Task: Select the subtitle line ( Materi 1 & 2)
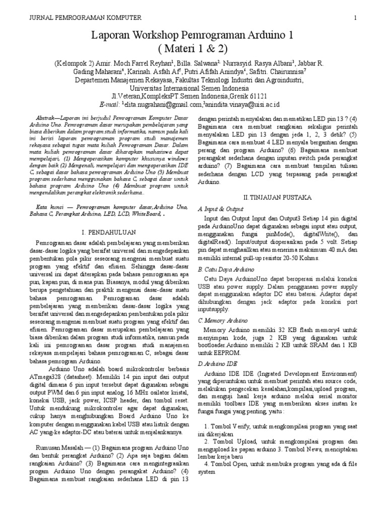point(193,48)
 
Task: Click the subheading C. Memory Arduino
point(223,320)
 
